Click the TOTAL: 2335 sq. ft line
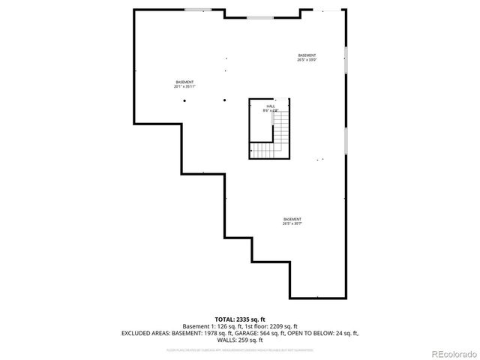[240, 319]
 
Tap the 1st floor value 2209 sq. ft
[283, 325]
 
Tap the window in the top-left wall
[198, 10]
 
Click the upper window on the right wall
[346, 59]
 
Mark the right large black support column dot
[224, 100]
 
